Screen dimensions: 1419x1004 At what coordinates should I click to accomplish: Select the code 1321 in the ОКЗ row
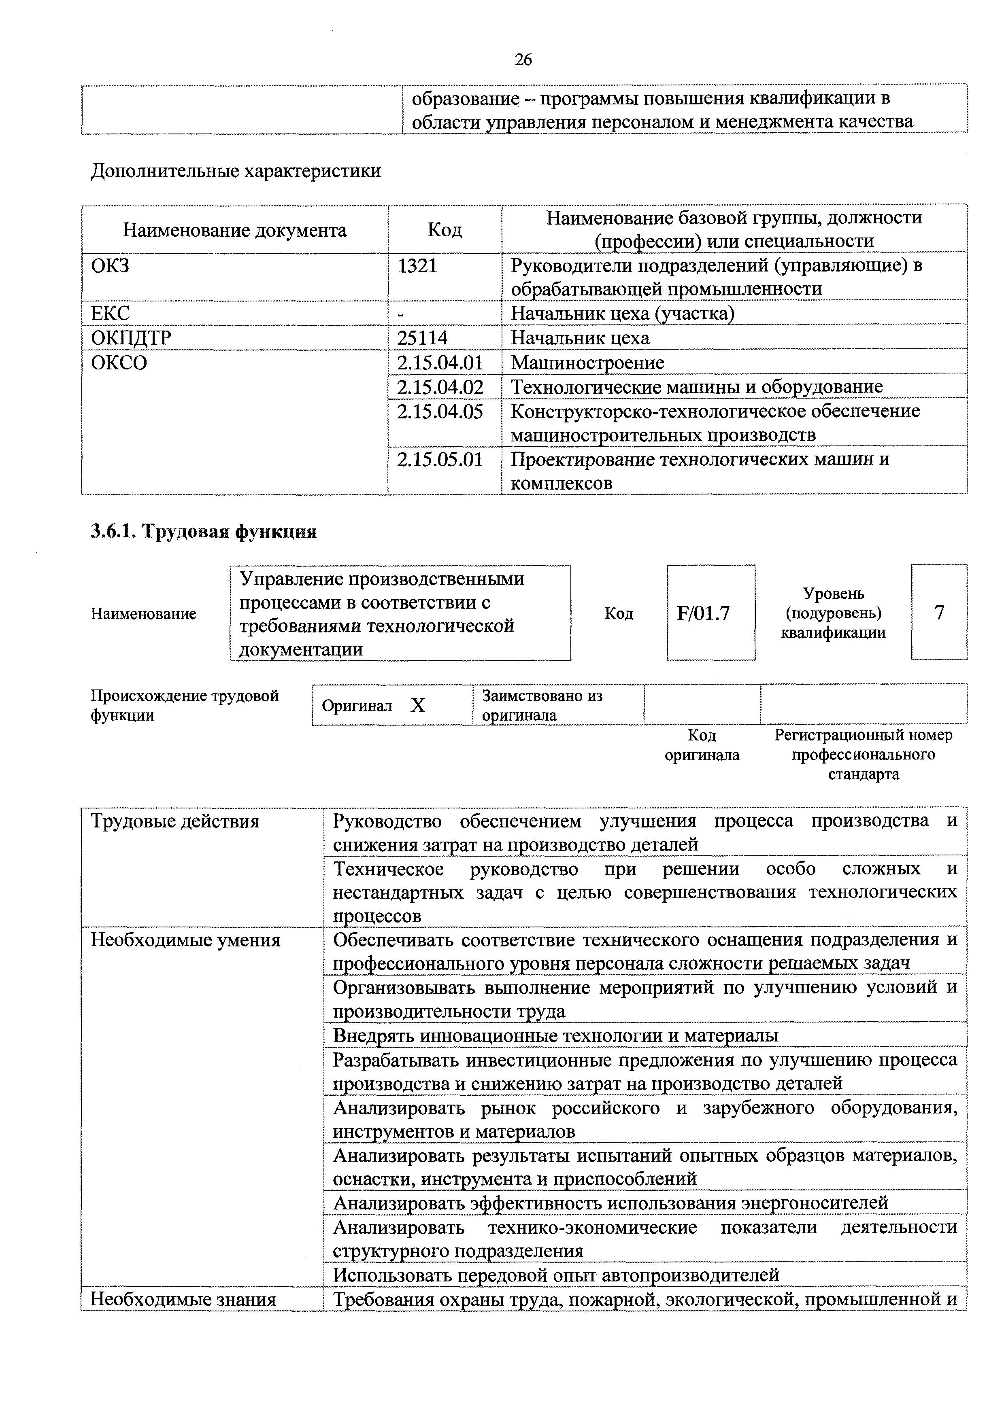point(417,266)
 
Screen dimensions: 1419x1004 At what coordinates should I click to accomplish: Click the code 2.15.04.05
point(440,411)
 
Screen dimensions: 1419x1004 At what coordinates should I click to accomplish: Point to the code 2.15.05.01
point(440,460)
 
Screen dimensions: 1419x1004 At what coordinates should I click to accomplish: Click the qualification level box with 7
point(939,613)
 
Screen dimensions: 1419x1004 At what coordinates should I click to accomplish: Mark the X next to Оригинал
point(418,706)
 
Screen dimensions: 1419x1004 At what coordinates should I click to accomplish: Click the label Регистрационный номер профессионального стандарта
point(863,755)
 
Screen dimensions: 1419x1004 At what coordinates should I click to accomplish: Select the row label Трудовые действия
point(175,822)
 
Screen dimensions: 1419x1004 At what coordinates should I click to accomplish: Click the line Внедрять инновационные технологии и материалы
point(555,1035)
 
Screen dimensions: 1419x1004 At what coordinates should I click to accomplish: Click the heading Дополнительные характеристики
point(236,171)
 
